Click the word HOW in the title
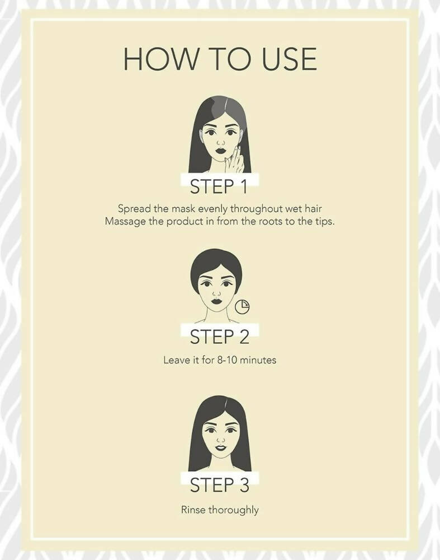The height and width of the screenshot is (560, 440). (x=161, y=59)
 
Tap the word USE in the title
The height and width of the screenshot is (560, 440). (x=289, y=59)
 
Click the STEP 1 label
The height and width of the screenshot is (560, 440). (x=219, y=186)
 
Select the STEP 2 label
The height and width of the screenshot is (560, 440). (x=219, y=337)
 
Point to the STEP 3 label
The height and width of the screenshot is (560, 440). (x=219, y=485)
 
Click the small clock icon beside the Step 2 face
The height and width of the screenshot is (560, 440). (x=243, y=307)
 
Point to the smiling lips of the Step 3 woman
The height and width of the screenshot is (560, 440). (x=221, y=448)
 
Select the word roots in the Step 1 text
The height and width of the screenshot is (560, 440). (x=271, y=221)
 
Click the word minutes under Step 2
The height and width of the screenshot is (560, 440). (x=258, y=360)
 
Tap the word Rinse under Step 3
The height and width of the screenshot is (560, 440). (x=193, y=510)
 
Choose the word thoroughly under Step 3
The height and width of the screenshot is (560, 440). (x=233, y=510)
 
